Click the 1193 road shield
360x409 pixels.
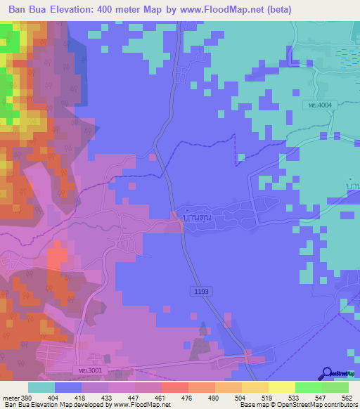pos(200,290)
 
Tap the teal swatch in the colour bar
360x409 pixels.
pos(41,388)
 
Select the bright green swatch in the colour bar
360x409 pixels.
pos(309,388)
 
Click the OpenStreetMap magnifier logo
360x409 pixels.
pos(328,372)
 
